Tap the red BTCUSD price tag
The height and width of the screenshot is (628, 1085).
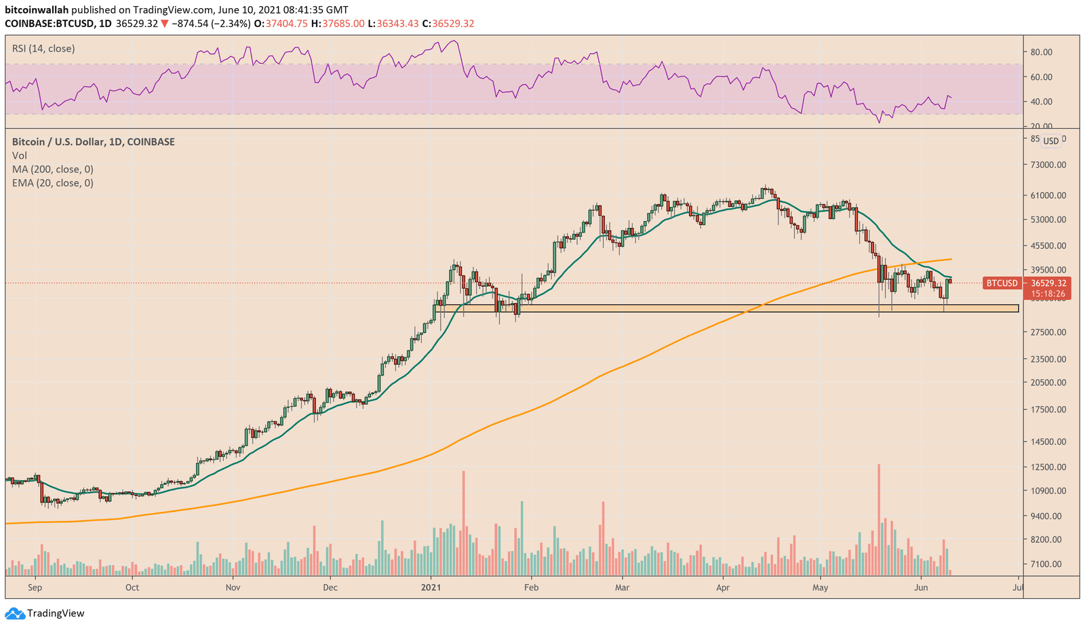(1002, 283)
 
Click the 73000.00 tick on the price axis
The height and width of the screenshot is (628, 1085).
(1048, 165)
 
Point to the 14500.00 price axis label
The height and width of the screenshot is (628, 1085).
(1048, 441)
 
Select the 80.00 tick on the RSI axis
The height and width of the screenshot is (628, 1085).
(1041, 52)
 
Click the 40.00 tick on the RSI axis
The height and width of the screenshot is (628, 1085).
(1041, 102)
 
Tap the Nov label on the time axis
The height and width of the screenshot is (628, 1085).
(233, 587)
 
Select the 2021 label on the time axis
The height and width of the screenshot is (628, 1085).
(431, 587)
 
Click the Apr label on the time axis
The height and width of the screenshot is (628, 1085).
(723, 587)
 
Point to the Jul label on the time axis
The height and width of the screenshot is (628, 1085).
(1018, 587)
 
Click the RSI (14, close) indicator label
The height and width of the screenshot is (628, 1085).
(43, 49)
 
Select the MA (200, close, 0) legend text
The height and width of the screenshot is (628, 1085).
(53, 170)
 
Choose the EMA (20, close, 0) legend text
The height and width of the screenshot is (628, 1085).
(53, 183)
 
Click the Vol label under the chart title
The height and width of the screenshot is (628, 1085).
(20, 156)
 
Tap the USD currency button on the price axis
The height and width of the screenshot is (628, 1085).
(1050, 141)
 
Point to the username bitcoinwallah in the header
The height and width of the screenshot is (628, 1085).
(37, 10)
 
